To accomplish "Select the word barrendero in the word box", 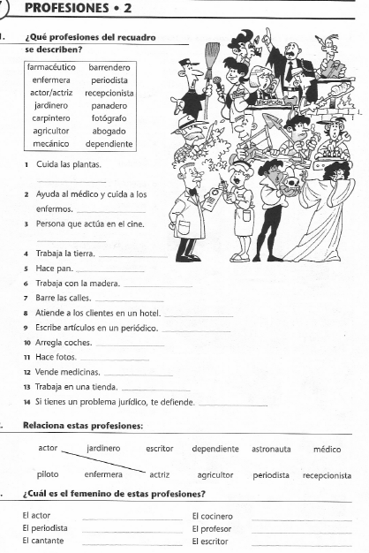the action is [x=109, y=66].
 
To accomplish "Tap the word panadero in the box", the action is [x=109, y=104].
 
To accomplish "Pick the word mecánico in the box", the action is [x=50, y=142].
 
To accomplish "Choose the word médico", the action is [x=328, y=449].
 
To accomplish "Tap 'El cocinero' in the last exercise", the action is [x=212, y=515].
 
